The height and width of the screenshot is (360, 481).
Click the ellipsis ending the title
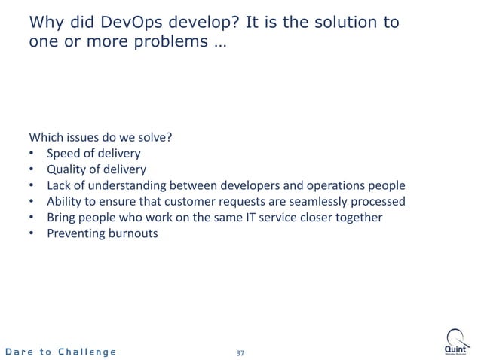[x=218, y=42]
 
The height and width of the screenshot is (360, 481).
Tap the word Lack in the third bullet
[x=60, y=185]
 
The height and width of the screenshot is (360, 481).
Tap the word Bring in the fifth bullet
[x=62, y=218]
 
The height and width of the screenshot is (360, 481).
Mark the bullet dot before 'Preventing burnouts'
[x=32, y=233]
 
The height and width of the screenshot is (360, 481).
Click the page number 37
[x=240, y=352]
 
